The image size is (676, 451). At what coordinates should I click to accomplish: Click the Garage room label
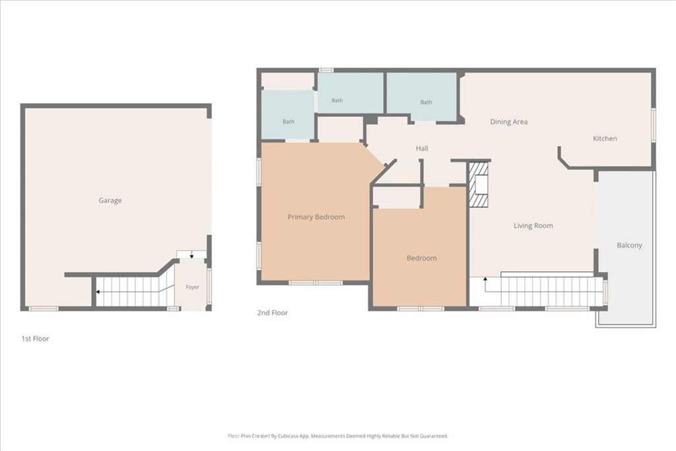pos(110,201)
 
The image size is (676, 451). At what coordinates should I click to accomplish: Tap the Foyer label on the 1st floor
pos(192,287)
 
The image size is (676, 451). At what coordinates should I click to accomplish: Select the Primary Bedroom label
pos(316,217)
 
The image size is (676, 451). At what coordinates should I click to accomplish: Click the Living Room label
pos(533,226)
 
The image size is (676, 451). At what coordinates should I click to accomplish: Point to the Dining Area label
pos(509,121)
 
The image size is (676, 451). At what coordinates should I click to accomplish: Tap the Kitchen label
pos(605,139)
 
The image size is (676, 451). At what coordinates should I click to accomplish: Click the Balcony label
pos(629,246)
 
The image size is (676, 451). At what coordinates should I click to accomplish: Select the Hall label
pos(422,149)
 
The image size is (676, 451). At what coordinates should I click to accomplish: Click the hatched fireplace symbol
pos(479,184)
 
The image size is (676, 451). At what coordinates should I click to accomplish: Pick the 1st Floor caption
pos(36,339)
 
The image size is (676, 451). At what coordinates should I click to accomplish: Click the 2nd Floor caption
pos(273,312)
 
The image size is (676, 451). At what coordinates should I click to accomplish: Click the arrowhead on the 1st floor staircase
pos(98,292)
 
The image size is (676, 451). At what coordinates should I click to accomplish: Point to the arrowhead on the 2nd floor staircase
pos(485,279)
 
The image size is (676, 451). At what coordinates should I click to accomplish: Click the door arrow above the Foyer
pos(191,256)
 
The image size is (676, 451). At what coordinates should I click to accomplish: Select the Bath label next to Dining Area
pos(426,102)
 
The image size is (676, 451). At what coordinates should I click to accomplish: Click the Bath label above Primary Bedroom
pos(288,121)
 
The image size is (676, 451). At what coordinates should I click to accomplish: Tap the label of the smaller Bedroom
pos(422,258)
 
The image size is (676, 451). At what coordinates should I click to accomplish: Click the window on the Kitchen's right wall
pos(653,125)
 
